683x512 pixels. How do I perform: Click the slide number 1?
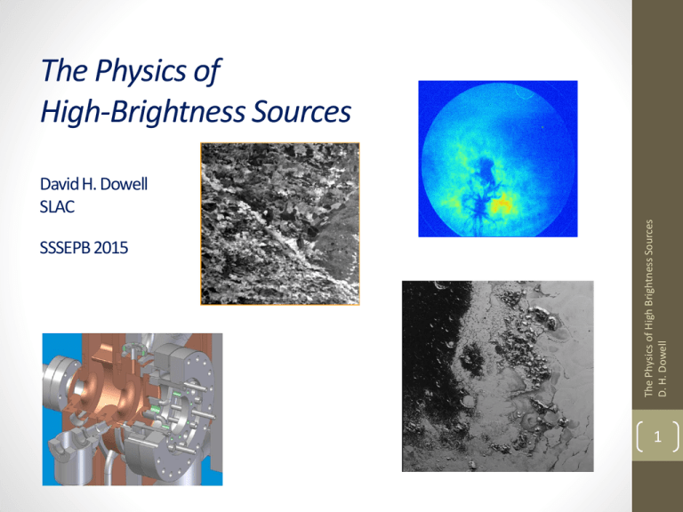pyautogui.click(x=656, y=436)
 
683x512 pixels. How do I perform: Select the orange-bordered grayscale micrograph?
pyautogui.click(x=279, y=224)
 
